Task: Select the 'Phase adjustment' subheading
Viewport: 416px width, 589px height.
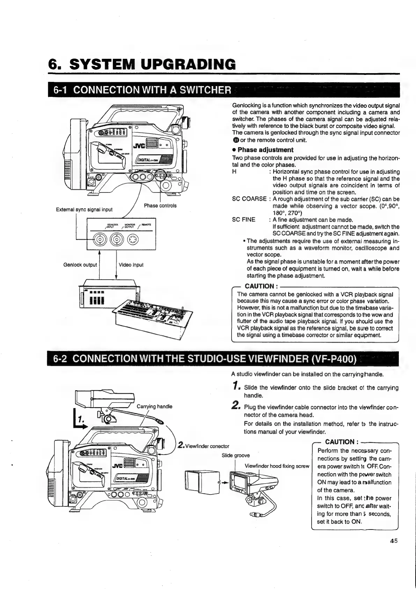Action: [x=265, y=150]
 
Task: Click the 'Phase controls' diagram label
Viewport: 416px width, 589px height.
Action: [x=160, y=205]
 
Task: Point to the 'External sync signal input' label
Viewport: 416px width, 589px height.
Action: [x=84, y=209]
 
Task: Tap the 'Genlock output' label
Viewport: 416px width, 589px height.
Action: [x=80, y=265]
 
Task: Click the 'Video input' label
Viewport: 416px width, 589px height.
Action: [x=131, y=265]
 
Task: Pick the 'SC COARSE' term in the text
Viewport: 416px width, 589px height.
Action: [x=249, y=199]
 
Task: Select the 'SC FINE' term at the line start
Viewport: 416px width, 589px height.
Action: [x=243, y=220]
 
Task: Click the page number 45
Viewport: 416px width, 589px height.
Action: [x=394, y=550]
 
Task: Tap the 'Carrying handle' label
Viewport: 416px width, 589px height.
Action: [x=154, y=406]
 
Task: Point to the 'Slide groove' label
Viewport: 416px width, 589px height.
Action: [x=236, y=455]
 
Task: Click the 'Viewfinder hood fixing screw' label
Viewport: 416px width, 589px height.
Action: [x=277, y=466]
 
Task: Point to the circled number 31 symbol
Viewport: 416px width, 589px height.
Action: [x=236, y=140]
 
